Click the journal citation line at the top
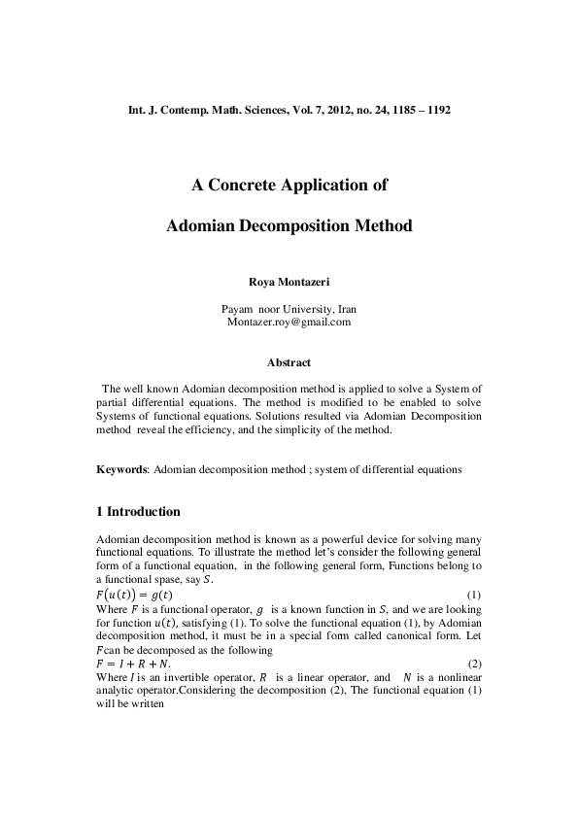[x=289, y=112]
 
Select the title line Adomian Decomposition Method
[x=289, y=225]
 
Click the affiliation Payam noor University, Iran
[x=289, y=308]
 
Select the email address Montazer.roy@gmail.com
[x=289, y=321]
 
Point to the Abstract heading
[x=289, y=362]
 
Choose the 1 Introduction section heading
[x=138, y=511]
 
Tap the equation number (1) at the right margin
[x=474, y=595]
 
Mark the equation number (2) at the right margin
[x=474, y=663]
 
